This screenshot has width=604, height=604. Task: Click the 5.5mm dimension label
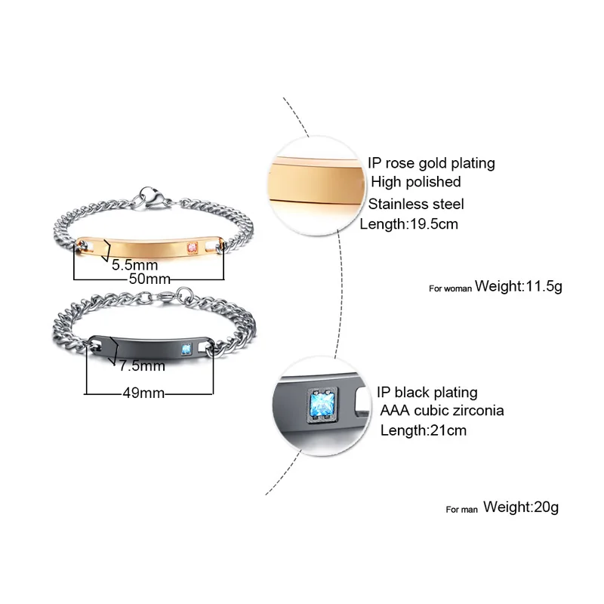click(x=135, y=266)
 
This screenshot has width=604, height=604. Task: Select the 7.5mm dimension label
click(x=142, y=367)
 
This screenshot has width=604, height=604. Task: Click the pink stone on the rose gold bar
click(x=193, y=246)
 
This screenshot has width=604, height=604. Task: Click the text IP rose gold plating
click(x=431, y=162)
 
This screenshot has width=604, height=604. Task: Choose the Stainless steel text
click(x=416, y=204)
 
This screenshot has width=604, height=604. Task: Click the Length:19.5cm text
click(x=408, y=224)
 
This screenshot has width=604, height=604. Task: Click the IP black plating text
click(x=427, y=392)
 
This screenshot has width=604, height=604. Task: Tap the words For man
click(x=462, y=510)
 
